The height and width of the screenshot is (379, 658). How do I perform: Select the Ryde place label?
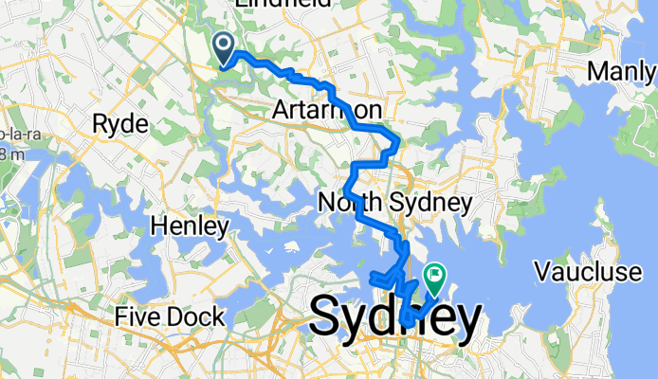120,125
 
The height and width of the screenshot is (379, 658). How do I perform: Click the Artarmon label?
326,112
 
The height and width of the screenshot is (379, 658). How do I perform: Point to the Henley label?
189,226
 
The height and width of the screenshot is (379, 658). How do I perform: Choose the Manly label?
622,71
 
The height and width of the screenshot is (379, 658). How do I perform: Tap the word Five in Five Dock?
137,316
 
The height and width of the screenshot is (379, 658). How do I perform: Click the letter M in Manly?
597,71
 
